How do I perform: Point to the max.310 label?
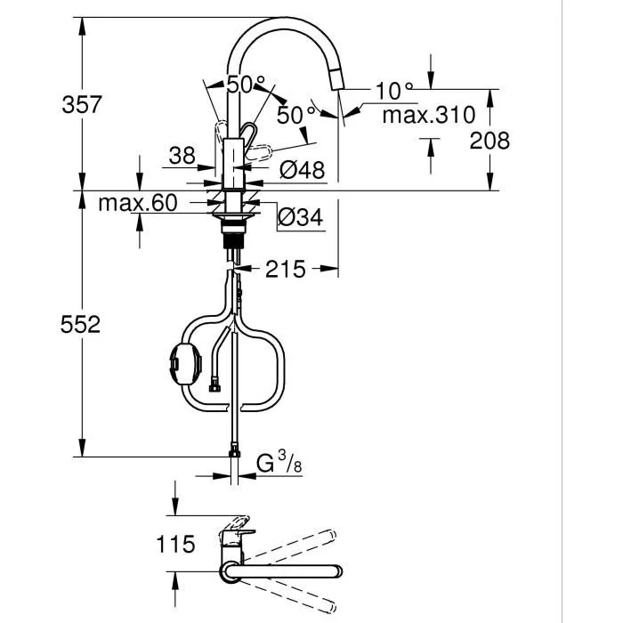point(428,115)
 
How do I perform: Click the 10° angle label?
point(394,91)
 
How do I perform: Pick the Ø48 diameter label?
point(303,169)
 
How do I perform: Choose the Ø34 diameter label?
point(302,215)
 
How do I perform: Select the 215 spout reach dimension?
point(285,268)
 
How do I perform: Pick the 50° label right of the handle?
point(295,114)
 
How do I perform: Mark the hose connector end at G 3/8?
point(234,454)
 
